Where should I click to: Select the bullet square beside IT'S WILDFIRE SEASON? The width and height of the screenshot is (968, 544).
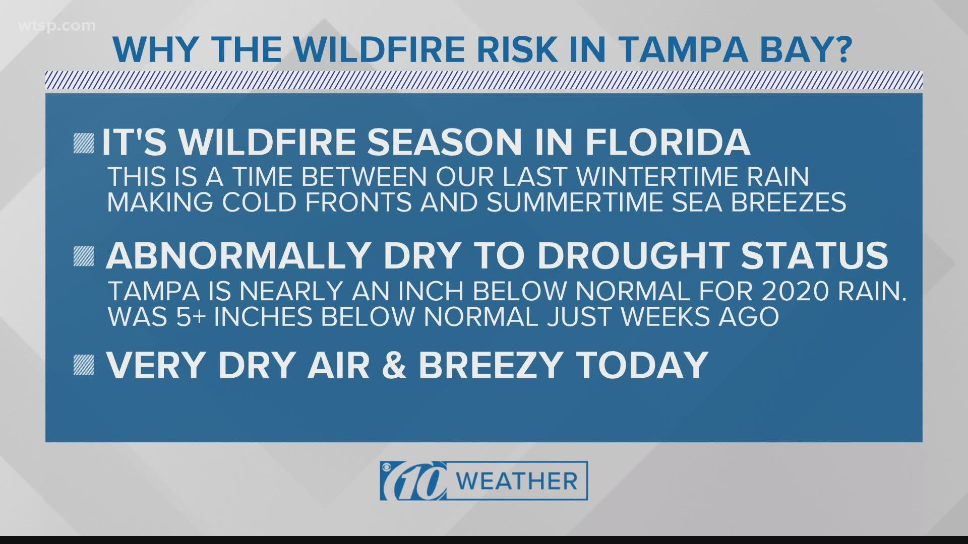coord(83,144)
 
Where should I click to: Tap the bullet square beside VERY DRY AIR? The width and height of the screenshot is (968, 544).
coord(83,365)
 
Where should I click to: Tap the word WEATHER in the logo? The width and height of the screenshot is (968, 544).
coord(519,481)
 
